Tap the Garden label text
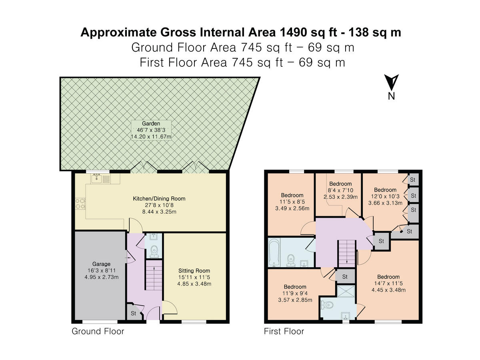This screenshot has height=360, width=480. (x=152, y=124)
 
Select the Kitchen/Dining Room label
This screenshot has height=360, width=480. (x=159, y=198)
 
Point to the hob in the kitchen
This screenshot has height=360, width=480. (x=79, y=204)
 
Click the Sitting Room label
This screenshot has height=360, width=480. (x=194, y=271)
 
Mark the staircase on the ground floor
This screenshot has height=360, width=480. (x=153, y=276)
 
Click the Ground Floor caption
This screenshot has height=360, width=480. (x=98, y=331)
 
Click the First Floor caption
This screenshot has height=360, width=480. (x=284, y=331)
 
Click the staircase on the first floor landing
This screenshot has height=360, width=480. (x=347, y=252)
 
